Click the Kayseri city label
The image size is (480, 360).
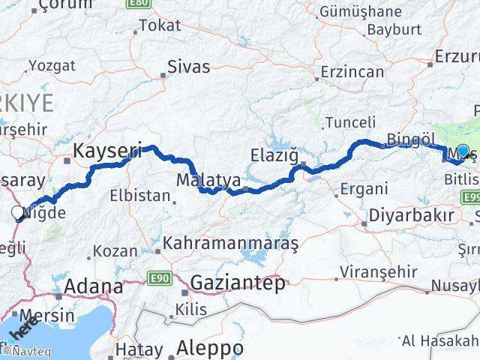pyautogui.click(x=107, y=151)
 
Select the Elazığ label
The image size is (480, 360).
pyautogui.click(x=278, y=157)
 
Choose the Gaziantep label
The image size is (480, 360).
pyautogui.click(x=238, y=283)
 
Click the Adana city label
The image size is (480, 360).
pyautogui.click(x=94, y=286)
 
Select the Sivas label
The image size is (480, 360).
pyautogui.click(x=188, y=67)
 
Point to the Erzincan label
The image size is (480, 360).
pyautogui.click(x=352, y=73)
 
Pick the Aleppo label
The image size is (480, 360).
pyautogui.click(x=210, y=349)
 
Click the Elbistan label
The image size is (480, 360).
pyautogui.click(x=140, y=196)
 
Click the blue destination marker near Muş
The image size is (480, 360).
pyautogui.click(x=463, y=151)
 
